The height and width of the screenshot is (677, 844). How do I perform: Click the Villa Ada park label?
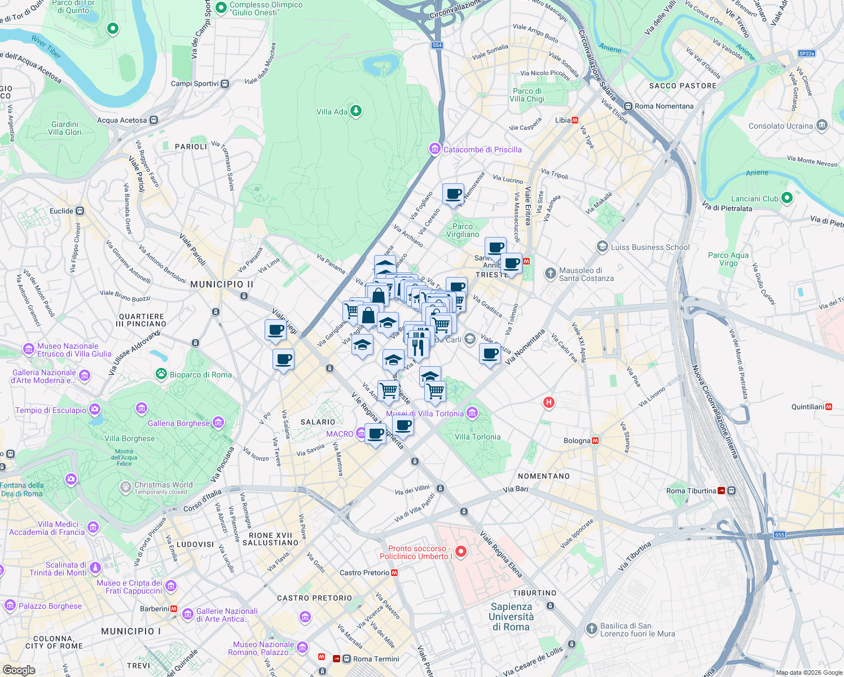point(332,112)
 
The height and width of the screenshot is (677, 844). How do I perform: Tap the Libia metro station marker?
point(575,120)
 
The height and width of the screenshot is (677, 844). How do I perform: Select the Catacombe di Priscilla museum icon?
point(434,150)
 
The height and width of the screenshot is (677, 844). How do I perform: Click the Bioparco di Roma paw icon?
point(161,374)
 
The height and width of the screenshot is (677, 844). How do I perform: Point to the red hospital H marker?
point(548,402)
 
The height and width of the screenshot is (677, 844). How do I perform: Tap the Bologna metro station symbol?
point(595,441)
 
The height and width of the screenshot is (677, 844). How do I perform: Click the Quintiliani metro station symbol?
point(829,407)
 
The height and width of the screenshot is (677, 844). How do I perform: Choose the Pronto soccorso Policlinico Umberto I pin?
point(461,552)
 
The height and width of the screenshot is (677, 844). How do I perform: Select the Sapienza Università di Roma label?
point(511,617)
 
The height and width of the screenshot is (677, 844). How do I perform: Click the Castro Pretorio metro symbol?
point(394,573)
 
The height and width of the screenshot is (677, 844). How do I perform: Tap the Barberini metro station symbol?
point(174,609)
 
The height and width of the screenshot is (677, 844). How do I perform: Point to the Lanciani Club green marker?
point(787,198)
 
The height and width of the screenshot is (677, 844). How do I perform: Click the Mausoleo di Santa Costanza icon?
point(550,274)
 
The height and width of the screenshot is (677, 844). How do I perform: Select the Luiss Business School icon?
point(602,247)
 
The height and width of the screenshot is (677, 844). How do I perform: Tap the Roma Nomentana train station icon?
point(628,106)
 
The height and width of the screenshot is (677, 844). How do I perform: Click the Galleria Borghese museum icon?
point(218,423)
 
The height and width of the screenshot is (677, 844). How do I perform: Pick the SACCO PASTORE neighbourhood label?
point(683,86)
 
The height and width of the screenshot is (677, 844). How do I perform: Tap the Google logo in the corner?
point(19,670)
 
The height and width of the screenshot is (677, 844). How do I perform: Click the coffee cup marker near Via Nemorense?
point(453,194)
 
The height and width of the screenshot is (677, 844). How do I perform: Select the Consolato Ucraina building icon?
point(822,125)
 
